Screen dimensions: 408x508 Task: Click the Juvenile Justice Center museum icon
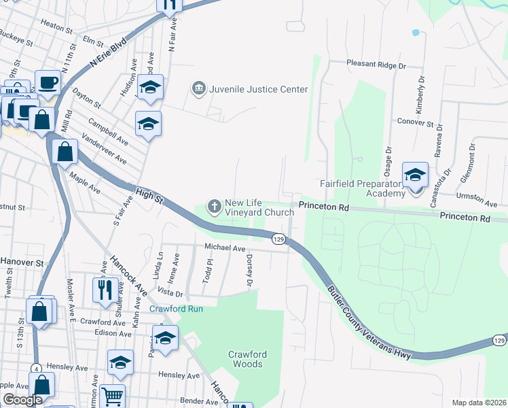point(198,89)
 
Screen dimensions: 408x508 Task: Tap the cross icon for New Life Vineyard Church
point(215,205)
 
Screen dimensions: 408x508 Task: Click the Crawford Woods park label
point(246,359)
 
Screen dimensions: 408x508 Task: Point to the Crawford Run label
point(177,309)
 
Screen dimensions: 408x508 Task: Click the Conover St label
point(415,123)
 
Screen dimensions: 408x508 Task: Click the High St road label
point(149,196)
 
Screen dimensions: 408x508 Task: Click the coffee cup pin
point(48,83)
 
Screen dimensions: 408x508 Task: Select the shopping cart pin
point(112,395)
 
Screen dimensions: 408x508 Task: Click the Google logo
point(23,400)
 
